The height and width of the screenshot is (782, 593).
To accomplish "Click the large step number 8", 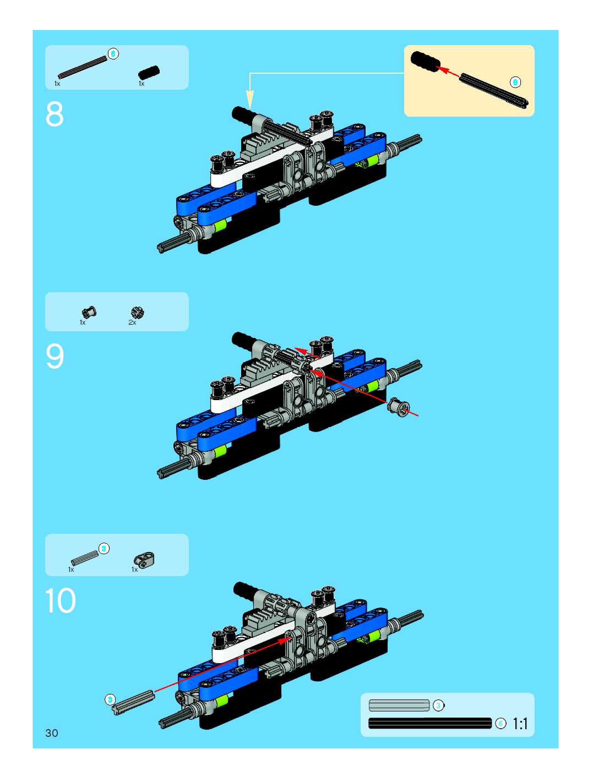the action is point(55,114).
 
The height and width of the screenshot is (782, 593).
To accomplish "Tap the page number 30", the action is point(52,733).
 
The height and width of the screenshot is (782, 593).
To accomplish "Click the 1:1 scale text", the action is point(520,724).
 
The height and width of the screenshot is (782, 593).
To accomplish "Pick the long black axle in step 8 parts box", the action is point(83,67).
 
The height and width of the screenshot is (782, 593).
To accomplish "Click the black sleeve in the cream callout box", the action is point(425,62).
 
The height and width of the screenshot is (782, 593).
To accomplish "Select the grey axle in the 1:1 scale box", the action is point(399,706).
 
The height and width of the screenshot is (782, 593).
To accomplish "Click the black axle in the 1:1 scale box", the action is point(430,723).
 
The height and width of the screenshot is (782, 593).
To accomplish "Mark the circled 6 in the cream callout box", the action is point(515,82).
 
